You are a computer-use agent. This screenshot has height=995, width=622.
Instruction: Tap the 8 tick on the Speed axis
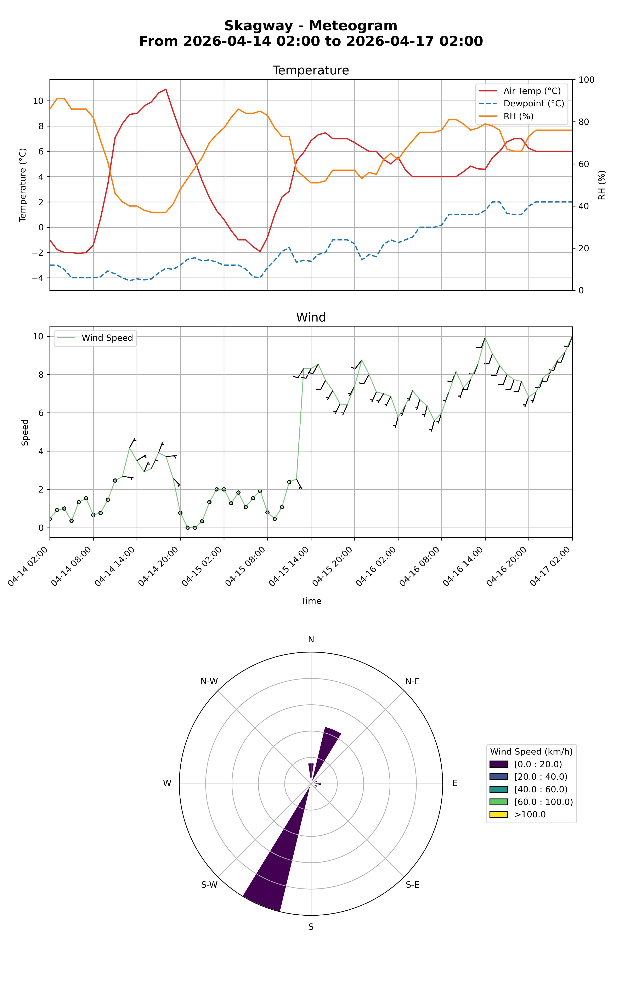point(39,375)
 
